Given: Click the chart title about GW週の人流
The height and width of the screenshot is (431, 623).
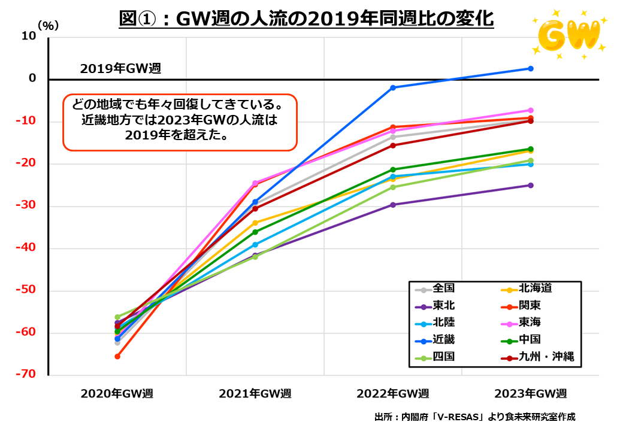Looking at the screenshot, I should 306,19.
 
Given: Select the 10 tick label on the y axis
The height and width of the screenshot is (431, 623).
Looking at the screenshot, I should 29,37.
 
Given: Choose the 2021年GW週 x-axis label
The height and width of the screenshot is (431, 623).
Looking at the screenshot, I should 255,394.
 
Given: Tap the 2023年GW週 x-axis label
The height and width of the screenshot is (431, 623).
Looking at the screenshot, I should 530,394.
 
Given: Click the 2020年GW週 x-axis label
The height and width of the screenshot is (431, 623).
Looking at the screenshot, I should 117,394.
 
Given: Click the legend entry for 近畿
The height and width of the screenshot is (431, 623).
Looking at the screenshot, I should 443,340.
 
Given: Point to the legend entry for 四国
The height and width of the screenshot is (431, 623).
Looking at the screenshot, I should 443,357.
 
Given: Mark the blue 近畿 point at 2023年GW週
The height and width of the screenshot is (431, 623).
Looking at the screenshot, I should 530,69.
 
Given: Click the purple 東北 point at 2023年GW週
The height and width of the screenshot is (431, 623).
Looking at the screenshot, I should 530,186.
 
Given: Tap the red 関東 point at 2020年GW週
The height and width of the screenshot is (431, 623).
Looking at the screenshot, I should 117,357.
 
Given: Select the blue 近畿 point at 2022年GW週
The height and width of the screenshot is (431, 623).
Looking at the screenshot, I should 393,88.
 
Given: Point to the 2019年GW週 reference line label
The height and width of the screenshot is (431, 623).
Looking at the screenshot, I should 120,68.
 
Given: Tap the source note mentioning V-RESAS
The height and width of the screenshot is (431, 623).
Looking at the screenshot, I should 474,417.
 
